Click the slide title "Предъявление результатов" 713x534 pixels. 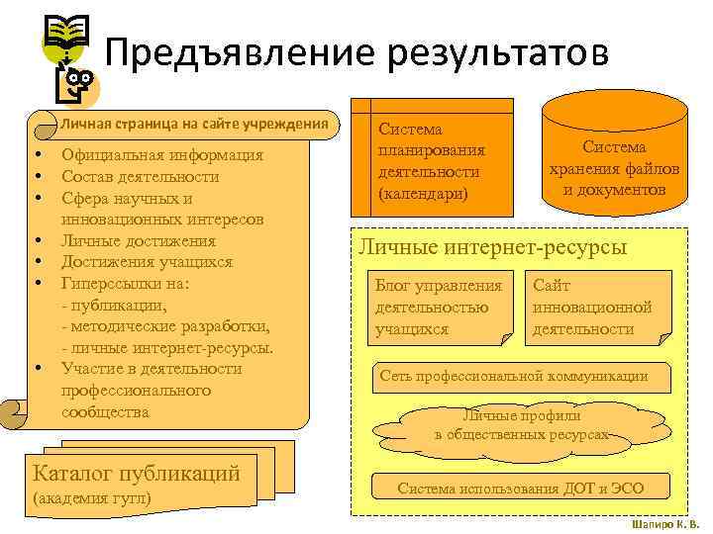point(356,51)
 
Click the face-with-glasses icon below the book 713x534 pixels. point(77,87)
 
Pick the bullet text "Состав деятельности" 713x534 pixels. point(140,176)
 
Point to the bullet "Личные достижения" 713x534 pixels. point(139,240)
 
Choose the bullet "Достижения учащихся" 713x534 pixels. point(147,262)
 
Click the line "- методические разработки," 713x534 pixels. point(165,326)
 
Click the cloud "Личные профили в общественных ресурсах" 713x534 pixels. point(520,426)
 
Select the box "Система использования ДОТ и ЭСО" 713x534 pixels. point(520,488)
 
